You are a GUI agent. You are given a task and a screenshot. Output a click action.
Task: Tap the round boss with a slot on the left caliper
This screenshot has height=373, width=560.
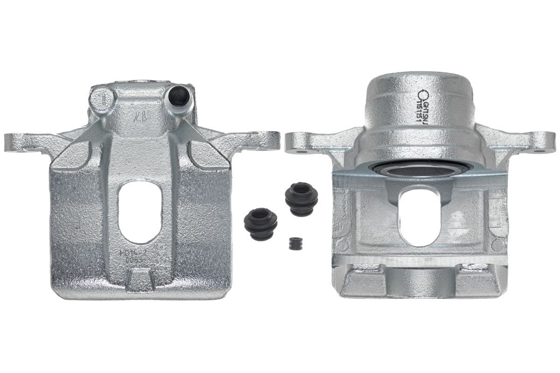coord(102,98)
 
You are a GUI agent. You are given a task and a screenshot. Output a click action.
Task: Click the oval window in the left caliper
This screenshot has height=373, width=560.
coord(137,212)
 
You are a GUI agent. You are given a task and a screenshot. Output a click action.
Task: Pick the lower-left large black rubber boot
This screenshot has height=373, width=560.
coord(260,222)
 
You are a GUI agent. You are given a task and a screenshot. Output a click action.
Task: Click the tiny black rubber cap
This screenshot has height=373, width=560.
coord(294,244)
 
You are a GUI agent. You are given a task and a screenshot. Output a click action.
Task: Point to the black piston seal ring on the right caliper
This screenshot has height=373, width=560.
coord(411,169)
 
